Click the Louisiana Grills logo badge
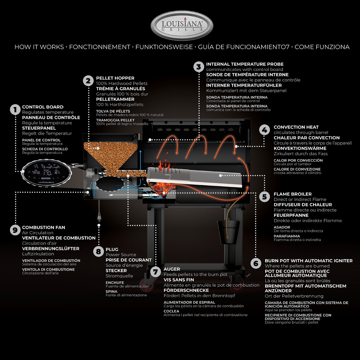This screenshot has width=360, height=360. pyautogui.click(x=182, y=26)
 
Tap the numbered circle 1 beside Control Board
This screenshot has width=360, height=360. pyautogui.click(x=15, y=109)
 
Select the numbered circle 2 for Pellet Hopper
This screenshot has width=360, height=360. pyautogui.click(x=88, y=81)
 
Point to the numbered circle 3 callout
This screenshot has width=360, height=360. pyautogui.click(x=198, y=67)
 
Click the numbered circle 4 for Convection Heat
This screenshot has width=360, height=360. pyautogui.click(x=264, y=130)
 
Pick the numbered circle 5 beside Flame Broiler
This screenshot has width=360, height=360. pyautogui.click(x=264, y=197)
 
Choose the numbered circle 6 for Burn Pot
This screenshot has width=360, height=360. pyautogui.click(x=256, y=263)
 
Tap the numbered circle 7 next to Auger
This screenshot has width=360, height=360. pyautogui.click(x=155, y=272)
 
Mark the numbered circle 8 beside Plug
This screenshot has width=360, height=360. pyautogui.click(x=98, y=252)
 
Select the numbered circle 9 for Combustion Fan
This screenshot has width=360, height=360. pyautogui.click(x=15, y=230)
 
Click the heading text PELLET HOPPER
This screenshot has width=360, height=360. pyautogui.click(x=115, y=78)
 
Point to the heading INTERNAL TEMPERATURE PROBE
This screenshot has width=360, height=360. pyautogui.click(x=244, y=64)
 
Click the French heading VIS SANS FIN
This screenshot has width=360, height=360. pyautogui.click(x=179, y=280)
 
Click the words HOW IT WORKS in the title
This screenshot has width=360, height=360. pyautogui.click(x=39, y=47)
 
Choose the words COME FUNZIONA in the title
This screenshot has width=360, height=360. pyautogui.click(x=322, y=47)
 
